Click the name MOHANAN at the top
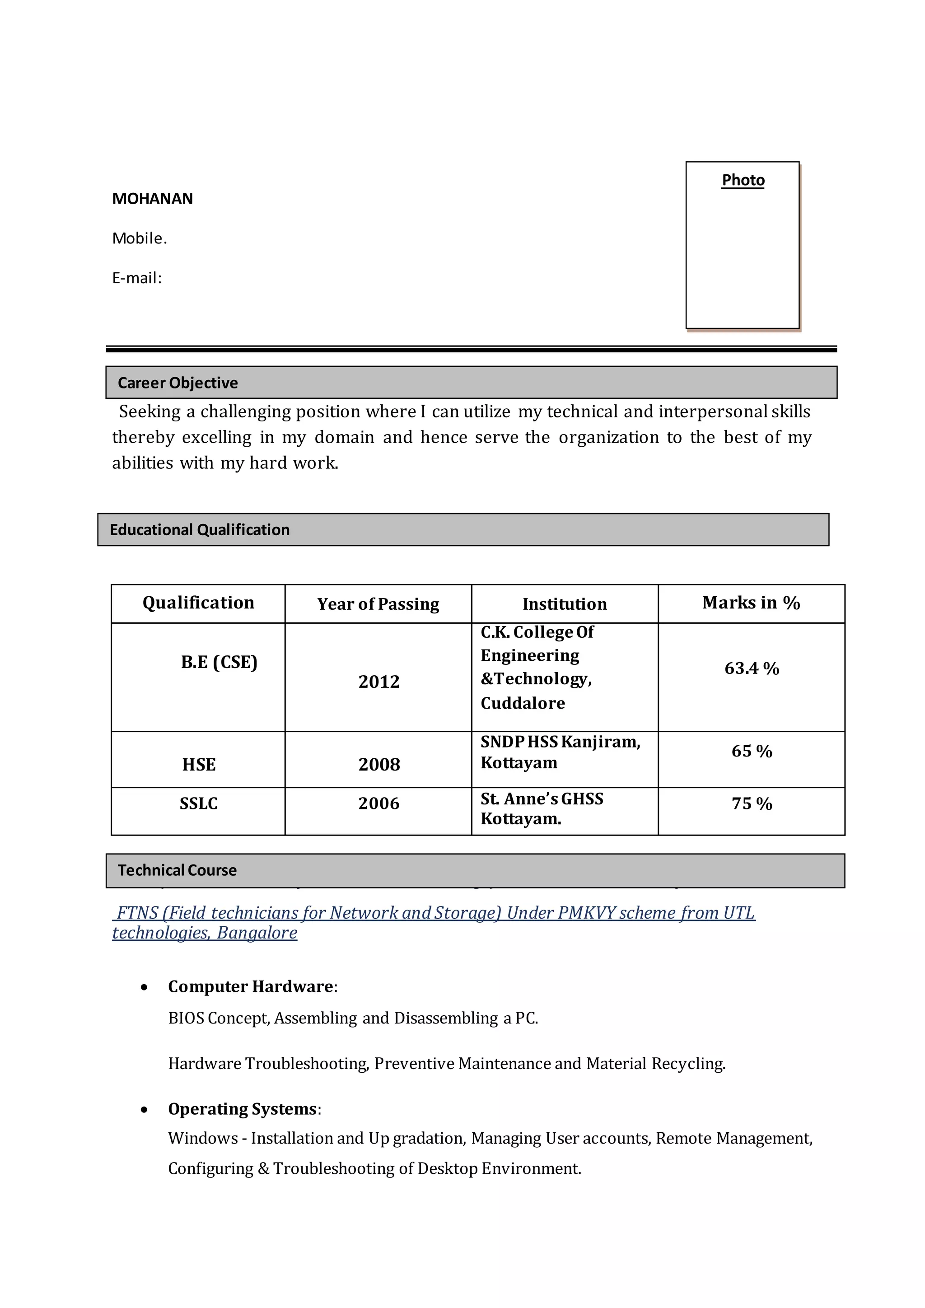[152, 198]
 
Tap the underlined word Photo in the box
[743, 180]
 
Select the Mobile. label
[140, 238]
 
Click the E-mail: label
[137, 278]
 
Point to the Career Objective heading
[178, 383]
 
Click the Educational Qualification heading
[199, 530]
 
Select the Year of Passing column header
[378, 604]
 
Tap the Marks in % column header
[751, 603]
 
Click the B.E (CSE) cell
[219, 662]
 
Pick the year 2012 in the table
[379, 682]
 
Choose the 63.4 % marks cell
[751, 668]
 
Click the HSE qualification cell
[199, 765]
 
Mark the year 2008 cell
[379, 765]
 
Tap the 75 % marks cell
[751, 804]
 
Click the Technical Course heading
[177, 870]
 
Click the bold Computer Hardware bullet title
[251, 987]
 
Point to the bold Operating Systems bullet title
[243, 1109]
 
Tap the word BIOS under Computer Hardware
[186, 1018]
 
